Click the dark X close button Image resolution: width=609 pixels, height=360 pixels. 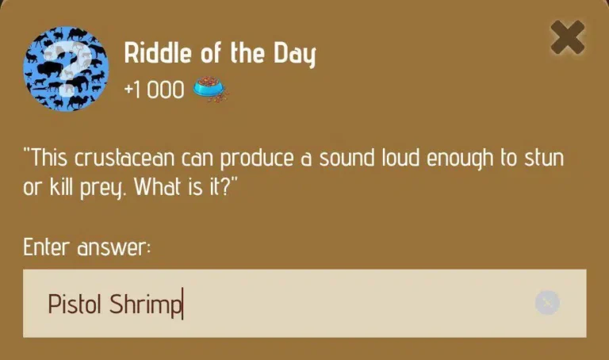click(568, 37)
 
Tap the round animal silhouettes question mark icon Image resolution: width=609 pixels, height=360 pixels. click(66, 69)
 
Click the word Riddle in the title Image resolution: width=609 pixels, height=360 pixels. click(158, 53)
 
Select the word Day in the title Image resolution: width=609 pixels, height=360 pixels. click(294, 55)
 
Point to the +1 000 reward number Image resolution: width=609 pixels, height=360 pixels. click(154, 90)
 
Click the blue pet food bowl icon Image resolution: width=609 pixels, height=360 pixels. click(211, 90)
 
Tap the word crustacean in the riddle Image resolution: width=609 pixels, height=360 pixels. click(124, 158)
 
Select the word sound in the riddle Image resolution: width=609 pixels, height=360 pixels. click(347, 158)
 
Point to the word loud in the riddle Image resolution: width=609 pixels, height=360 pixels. click(400, 158)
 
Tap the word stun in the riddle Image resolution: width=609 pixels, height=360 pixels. click(544, 158)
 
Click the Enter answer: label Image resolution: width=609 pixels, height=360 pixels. click(87, 247)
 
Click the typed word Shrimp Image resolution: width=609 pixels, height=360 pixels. click(145, 304)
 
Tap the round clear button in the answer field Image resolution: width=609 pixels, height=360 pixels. click(547, 303)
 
